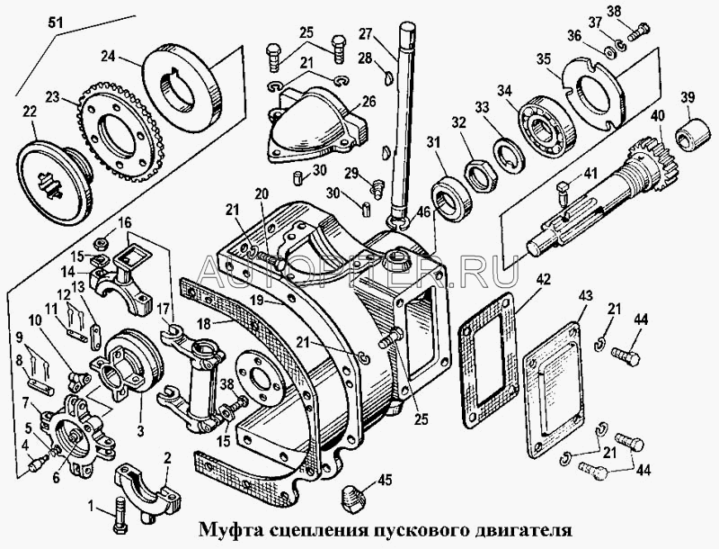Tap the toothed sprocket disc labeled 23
click(111, 132)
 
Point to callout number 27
click(366, 34)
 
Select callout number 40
click(659, 115)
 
